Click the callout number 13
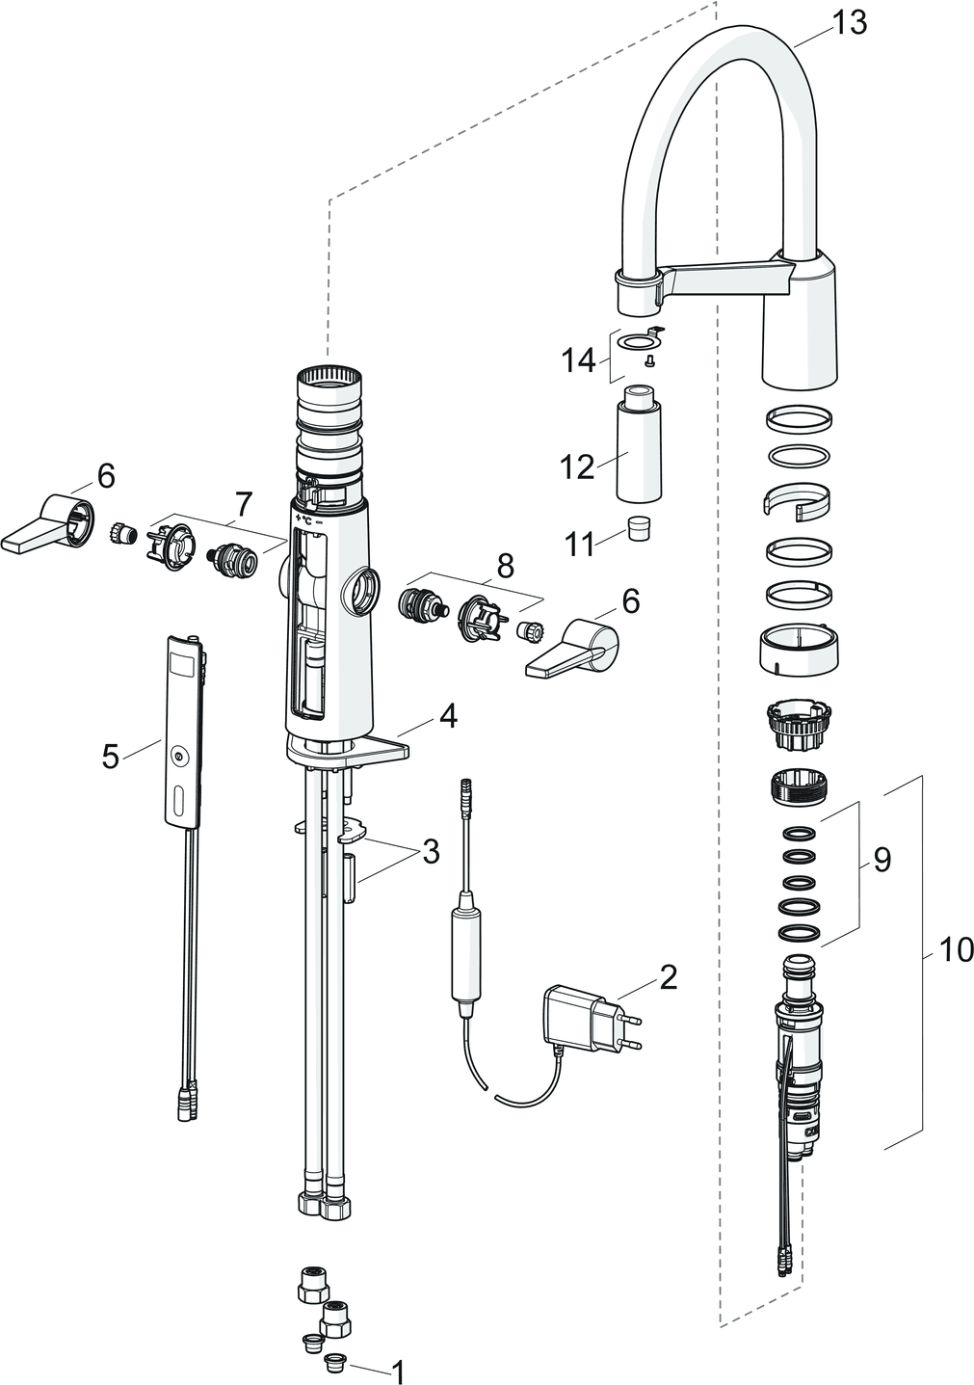(x=849, y=22)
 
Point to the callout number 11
(x=579, y=544)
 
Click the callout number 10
(x=956, y=951)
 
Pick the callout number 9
(x=882, y=860)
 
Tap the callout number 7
(x=243, y=502)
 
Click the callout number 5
(x=111, y=756)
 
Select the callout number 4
(x=447, y=715)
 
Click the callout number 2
(x=668, y=977)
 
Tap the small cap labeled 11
(x=636, y=528)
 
